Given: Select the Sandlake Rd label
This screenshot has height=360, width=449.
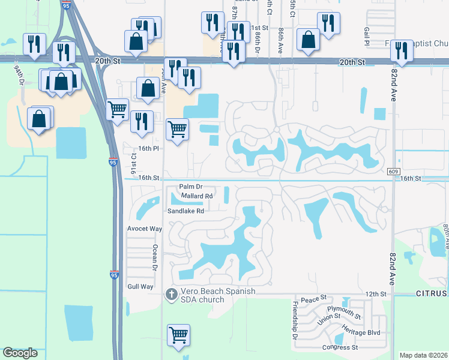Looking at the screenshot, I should [x=186, y=211].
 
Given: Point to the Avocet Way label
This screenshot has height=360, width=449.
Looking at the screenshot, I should [x=145, y=229].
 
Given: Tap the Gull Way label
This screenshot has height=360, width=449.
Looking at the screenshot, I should [x=140, y=287].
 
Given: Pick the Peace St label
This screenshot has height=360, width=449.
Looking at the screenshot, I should [x=313, y=298].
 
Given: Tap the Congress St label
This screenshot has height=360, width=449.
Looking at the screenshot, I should [x=340, y=347].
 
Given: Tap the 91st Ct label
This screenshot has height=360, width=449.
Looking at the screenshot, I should [x=134, y=164].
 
